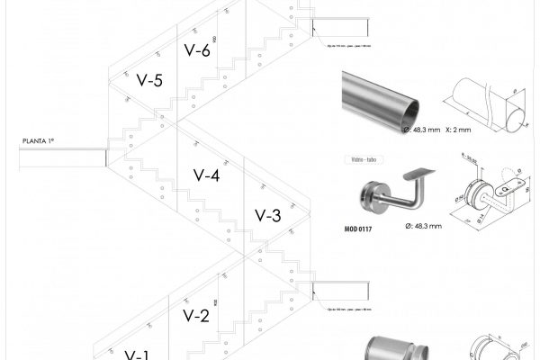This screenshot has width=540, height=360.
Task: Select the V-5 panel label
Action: tap(149, 81)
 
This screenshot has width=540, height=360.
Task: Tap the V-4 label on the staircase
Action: tap(207, 175)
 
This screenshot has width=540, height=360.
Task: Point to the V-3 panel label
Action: tap(268, 216)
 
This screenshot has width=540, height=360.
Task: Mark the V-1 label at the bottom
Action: tap(136, 354)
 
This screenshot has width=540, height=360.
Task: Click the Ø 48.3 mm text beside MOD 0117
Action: tap(423, 225)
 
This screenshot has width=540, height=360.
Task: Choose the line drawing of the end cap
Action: tap(490, 349)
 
